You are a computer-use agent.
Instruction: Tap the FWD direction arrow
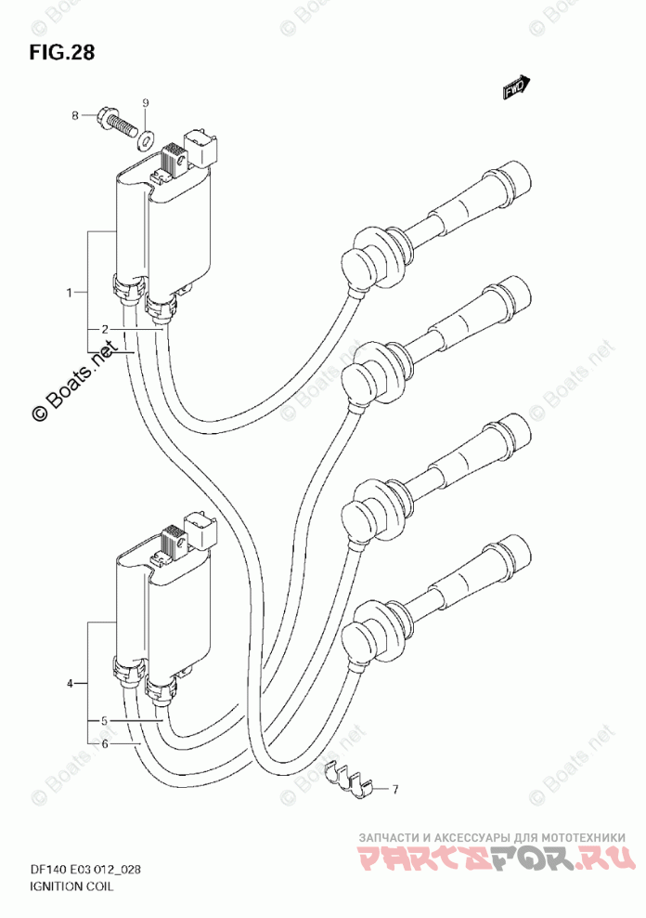(x=516, y=87)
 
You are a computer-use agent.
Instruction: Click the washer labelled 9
(x=147, y=140)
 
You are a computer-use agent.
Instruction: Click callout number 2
(x=106, y=329)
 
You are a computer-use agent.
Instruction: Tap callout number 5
(x=106, y=720)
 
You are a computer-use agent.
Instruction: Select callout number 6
(x=106, y=744)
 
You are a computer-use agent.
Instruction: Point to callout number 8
(x=75, y=115)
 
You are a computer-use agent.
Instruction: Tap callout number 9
(x=146, y=100)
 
